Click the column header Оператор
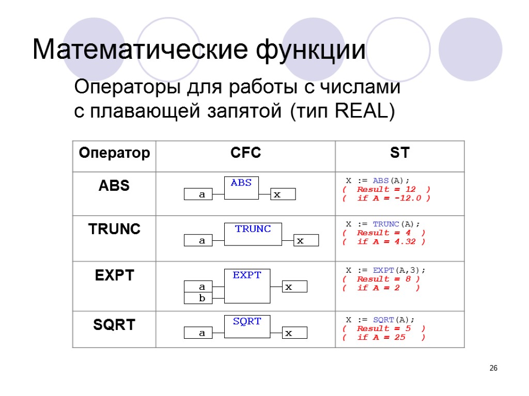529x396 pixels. (x=114, y=153)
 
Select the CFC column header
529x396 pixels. (x=245, y=153)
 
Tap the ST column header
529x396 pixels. (x=399, y=153)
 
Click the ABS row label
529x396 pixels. (x=114, y=186)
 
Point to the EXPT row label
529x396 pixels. (x=114, y=276)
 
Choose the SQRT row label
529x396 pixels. (x=114, y=324)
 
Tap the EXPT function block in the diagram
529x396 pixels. (x=247, y=286)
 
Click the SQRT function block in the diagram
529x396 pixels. (x=247, y=326)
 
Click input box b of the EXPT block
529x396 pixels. (x=203, y=298)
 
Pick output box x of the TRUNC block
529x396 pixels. (x=306, y=240)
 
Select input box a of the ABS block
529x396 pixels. (x=203, y=194)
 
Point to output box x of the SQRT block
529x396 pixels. (x=294, y=333)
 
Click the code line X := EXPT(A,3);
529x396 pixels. (x=385, y=270)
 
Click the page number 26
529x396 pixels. (x=493, y=368)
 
